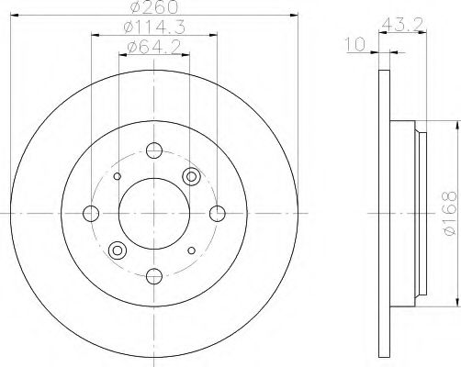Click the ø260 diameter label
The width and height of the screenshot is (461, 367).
click(x=154, y=7)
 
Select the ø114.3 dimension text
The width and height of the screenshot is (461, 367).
click(x=154, y=28)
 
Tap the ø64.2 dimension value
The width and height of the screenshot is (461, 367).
click(x=154, y=47)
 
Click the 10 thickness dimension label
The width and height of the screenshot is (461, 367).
click(x=355, y=44)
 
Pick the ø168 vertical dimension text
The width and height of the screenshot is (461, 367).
click(x=449, y=213)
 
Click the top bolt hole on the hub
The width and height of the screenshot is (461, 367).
click(x=154, y=150)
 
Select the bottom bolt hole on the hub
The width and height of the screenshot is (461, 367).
click(x=154, y=276)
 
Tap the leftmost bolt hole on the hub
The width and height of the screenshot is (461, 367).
click(x=91, y=214)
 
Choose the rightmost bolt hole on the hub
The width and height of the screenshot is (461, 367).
click(x=218, y=214)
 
